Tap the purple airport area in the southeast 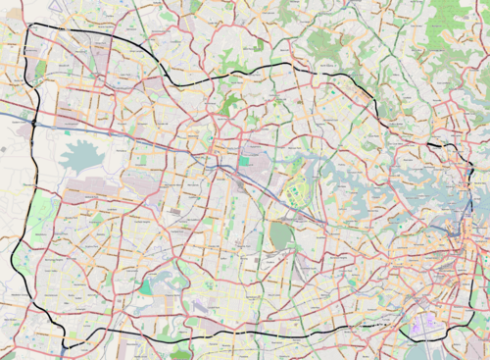(x=423, y=323)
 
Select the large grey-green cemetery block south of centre (x=281, y=235)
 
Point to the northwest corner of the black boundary (x=31, y=26)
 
